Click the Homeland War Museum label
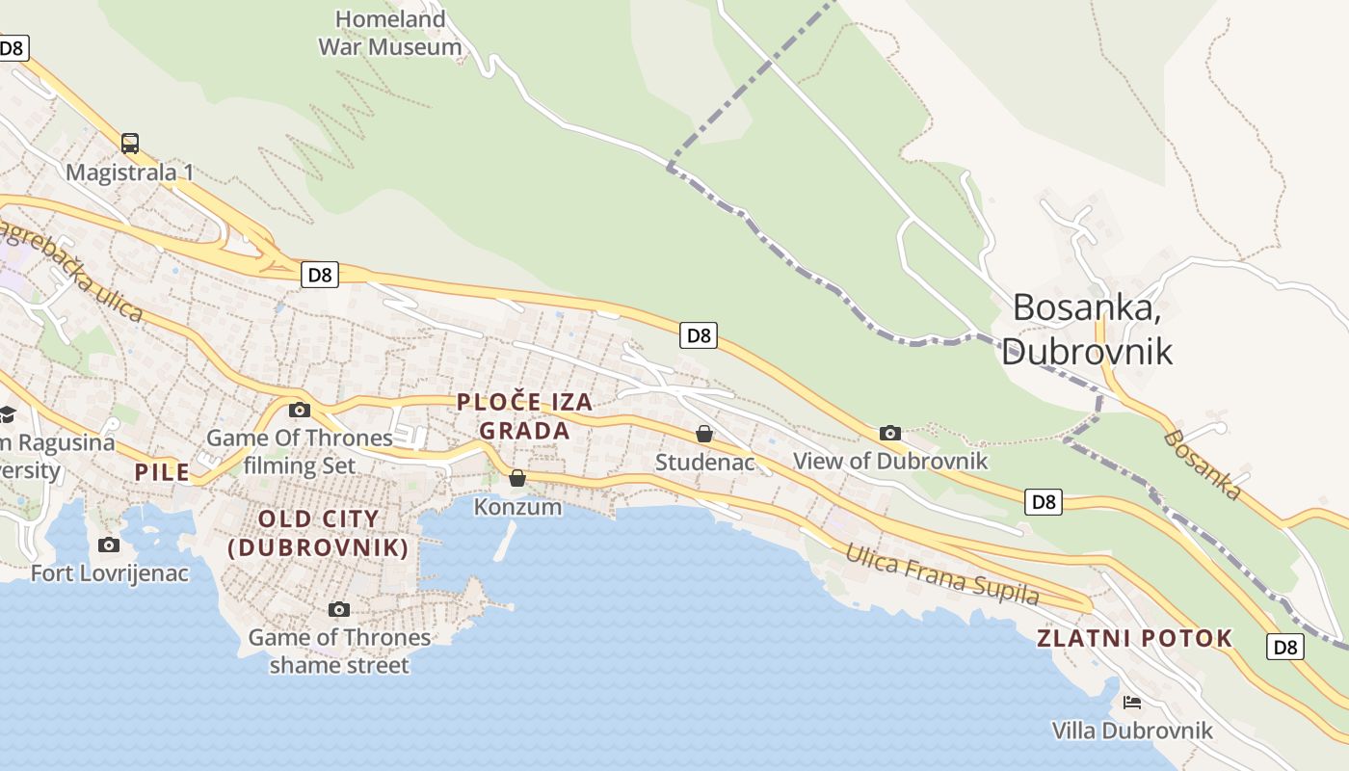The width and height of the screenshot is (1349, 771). point(389,32)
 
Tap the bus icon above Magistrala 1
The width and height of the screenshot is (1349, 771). point(130,144)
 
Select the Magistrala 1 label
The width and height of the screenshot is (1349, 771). point(130,173)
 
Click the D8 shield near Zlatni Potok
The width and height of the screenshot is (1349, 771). point(1285,647)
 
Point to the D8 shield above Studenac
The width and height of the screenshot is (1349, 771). point(699,335)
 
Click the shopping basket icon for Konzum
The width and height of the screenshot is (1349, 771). point(517,478)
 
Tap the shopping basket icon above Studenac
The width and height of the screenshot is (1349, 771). point(704,434)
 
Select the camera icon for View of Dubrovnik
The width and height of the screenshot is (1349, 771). point(890,433)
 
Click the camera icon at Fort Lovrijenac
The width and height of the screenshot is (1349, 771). point(109,545)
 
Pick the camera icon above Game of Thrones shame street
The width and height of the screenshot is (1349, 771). point(338,609)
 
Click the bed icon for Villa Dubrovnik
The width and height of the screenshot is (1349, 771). point(1132,702)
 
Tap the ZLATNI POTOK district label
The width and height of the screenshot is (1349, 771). point(1134,638)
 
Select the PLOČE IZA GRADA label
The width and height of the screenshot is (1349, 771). point(525,416)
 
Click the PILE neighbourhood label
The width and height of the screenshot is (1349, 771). point(162,472)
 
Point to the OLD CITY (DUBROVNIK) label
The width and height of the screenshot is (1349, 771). point(319,533)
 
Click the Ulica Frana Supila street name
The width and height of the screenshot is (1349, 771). point(942,574)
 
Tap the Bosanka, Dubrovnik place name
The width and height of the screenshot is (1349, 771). point(1087,329)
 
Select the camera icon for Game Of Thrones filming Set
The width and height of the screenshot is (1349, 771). point(300,410)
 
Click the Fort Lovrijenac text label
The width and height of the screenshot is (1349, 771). point(110,573)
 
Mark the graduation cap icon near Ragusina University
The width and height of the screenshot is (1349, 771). point(8,414)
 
